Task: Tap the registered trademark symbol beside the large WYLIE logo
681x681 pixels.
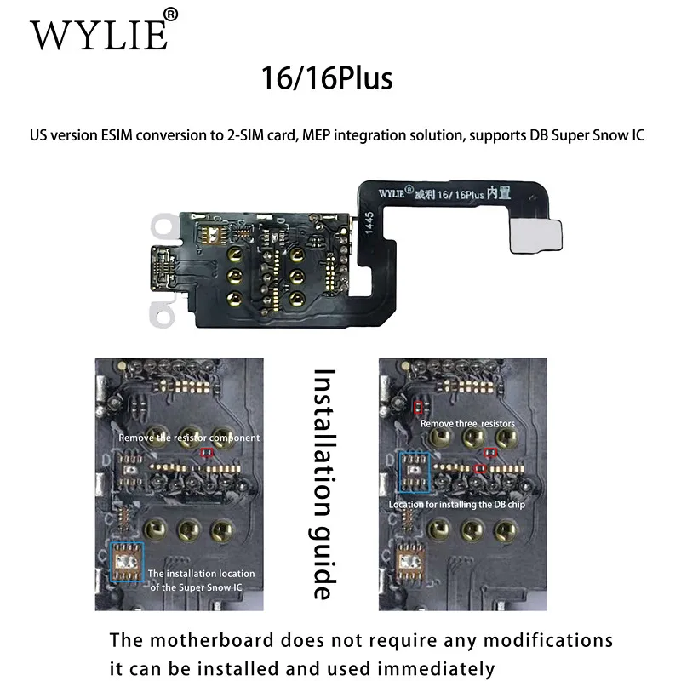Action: (x=170, y=14)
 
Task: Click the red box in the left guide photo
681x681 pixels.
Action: (x=207, y=454)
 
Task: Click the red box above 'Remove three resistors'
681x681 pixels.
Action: (x=418, y=408)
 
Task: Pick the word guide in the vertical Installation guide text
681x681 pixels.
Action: (x=322, y=562)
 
